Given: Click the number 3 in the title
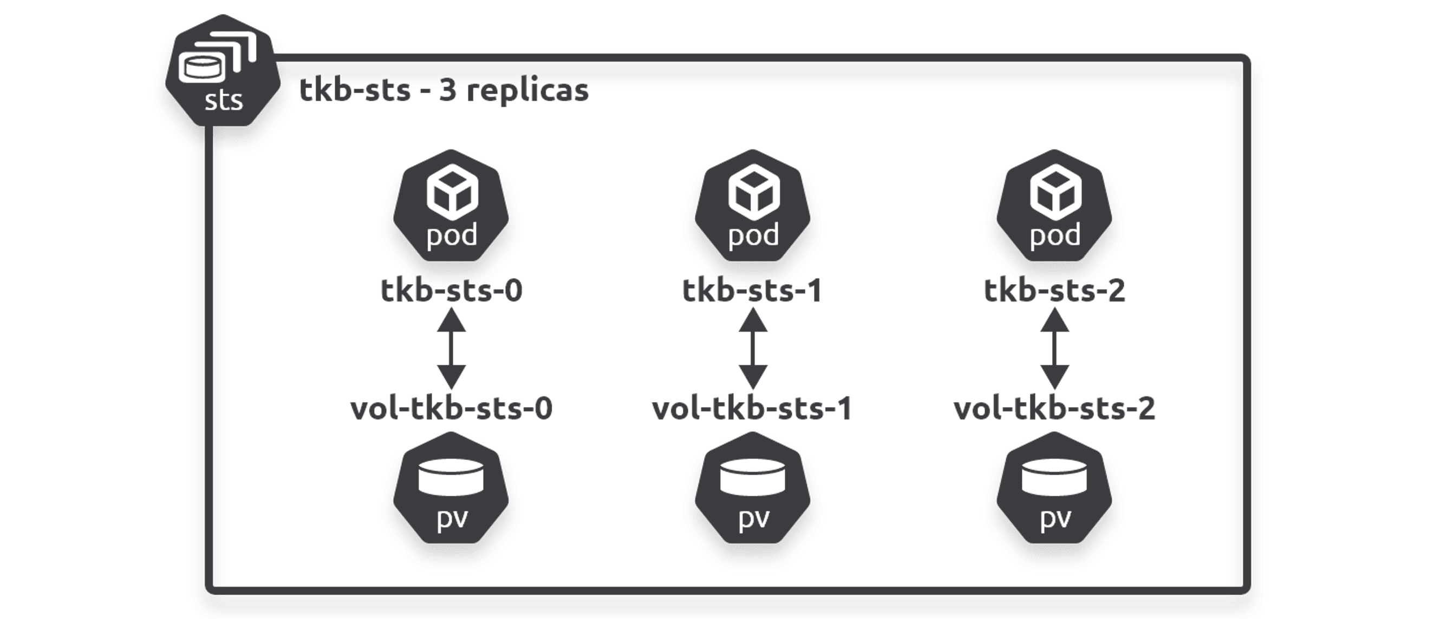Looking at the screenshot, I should click(447, 90).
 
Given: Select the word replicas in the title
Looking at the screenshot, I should click(527, 91).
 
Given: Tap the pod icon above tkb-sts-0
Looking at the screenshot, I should click(451, 206).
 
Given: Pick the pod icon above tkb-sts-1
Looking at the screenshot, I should click(752, 206).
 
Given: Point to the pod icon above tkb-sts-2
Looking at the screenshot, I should click(1054, 206).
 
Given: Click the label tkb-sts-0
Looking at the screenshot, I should click(451, 290).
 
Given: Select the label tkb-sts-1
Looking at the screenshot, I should click(752, 290).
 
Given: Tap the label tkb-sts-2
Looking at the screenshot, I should click(1054, 290).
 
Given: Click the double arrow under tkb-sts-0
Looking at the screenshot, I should click(451, 349).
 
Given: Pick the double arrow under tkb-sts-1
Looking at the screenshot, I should click(752, 349).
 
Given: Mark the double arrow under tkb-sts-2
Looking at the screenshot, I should click(1054, 349).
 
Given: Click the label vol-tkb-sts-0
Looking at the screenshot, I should click(451, 408).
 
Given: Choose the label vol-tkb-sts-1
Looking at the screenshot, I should click(752, 408).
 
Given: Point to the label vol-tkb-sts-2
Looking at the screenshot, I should click(1054, 408).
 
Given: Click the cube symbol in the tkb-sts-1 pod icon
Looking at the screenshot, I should click(753, 193).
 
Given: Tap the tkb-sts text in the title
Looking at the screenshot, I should click(355, 90).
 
